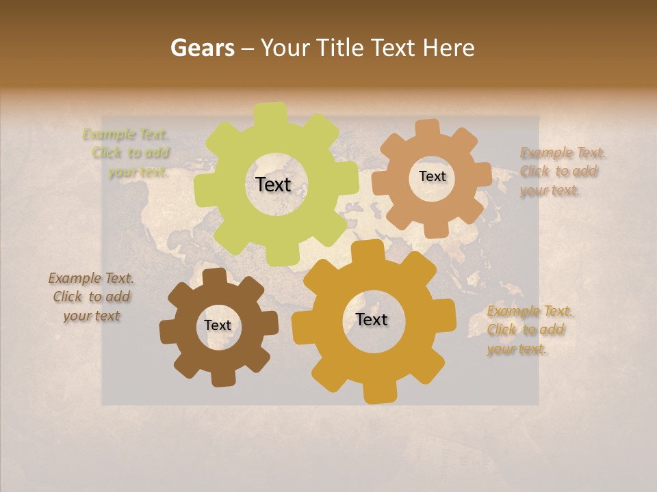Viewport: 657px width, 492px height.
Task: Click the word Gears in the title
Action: [x=202, y=48]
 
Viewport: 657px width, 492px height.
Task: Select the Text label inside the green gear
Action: [x=273, y=184]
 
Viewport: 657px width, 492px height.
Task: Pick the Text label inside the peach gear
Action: [x=432, y=176]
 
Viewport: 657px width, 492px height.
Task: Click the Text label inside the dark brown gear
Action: [x=218, y=325]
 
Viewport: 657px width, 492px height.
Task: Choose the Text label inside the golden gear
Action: [x=372, y=319]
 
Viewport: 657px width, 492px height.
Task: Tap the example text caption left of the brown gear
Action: [x=92, y=297]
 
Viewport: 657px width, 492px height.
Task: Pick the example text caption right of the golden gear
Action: [x=528, y=330]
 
